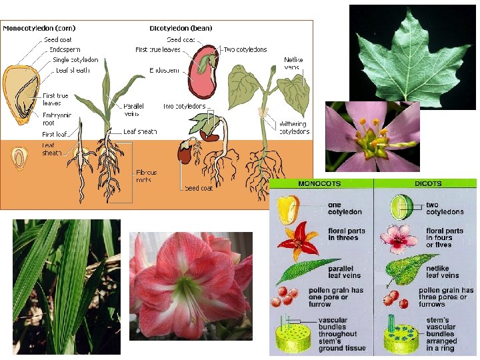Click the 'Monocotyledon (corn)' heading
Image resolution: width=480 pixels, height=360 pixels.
pos(39,28)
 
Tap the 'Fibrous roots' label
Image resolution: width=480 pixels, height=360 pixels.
pos(146,176)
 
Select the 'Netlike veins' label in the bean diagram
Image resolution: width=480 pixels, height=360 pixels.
pos(293,63)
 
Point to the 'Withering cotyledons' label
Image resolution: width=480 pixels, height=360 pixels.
pos(293,127)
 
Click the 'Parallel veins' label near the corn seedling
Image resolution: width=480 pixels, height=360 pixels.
pos(133,109)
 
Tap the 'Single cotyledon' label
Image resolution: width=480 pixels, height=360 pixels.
pos(75,60)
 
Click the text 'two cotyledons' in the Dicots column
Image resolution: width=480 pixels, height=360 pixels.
pos(445,208)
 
